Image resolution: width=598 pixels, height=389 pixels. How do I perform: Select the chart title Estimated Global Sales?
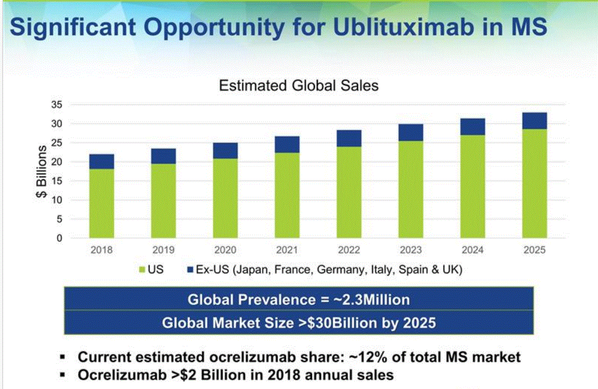point(299,85)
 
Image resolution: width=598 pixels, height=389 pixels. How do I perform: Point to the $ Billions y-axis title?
point(42,172)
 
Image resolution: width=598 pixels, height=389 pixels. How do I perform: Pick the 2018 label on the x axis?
point(101,250)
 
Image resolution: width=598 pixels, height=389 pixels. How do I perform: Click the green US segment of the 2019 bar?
point(163,200)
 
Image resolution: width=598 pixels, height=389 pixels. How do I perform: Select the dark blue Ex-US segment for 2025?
point(534,121)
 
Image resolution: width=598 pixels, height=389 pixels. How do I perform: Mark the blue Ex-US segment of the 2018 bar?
point(101,161)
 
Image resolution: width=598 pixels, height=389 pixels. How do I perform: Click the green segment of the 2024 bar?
point(472,186)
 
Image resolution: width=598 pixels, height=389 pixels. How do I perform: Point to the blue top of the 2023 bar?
point(411,132)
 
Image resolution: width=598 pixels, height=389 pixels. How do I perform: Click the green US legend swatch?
point(141,270)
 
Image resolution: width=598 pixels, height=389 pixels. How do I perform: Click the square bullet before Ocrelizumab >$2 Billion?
point(62,375)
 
